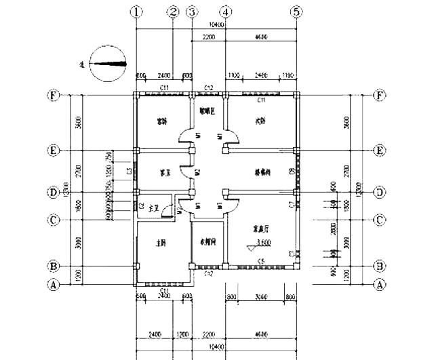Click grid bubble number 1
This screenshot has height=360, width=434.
pyautogui.click(x=138, y=12)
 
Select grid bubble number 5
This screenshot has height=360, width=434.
pyautogui.click(x=296, y=12)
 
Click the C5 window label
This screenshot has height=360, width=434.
pyautogui.click(x=260, y=261)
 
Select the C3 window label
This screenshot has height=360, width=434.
pyautogui.click(x=129, y=172)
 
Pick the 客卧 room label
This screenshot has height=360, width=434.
pyautogui.click(x=162, y=123)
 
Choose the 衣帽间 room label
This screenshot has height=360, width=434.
pyautogui.click(x=208, y=241)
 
